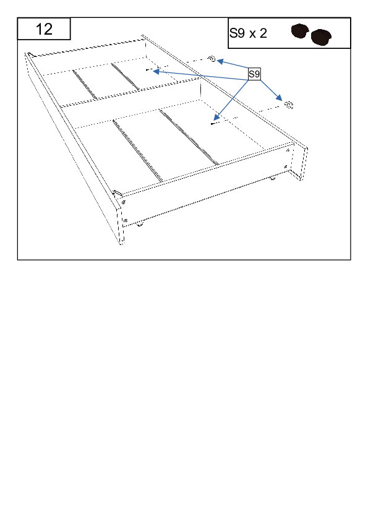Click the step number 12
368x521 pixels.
pos(44,29)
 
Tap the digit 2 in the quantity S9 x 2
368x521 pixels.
pos(263,33)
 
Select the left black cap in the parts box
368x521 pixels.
pos(300,31)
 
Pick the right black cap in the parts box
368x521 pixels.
pos(321,37)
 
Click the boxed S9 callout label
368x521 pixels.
pos(254,74)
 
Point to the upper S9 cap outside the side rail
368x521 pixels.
pos(212,59)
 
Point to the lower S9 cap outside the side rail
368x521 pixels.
pos(289,105)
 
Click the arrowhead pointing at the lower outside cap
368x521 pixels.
pos(279,97)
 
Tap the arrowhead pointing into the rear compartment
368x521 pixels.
pos(156,71)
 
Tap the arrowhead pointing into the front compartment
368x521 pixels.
pos(216,117)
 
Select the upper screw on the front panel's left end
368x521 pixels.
pos(124,202)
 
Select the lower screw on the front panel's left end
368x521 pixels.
pos(126,220)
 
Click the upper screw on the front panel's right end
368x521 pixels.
pos(288,150)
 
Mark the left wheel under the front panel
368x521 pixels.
pos(140,224)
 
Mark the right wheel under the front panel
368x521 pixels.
pos(272,178)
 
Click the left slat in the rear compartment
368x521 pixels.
pos(85,84)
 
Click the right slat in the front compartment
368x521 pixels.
pos(189,137)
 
